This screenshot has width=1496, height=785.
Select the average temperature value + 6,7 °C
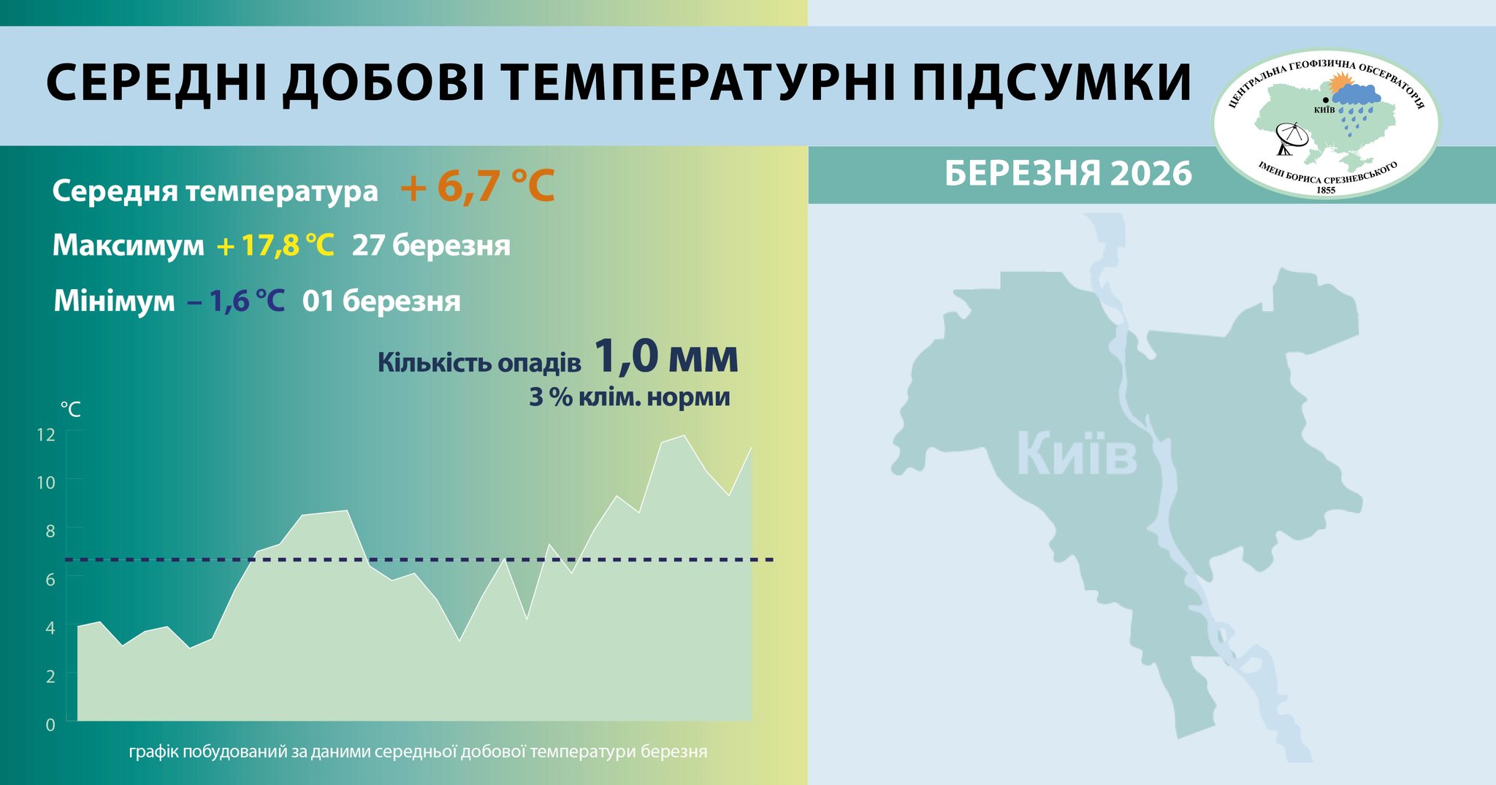(x=478, y=187)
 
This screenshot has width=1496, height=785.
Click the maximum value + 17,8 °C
(x=275, y=245)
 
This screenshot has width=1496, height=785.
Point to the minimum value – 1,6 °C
(x=236, y=301)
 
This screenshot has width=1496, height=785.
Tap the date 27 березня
(x=431, y=245)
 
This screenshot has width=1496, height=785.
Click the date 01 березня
(x=381, y=301)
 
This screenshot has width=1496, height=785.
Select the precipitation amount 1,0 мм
(x=665, y=357)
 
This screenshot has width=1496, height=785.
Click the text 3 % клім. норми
(x=629, y=397)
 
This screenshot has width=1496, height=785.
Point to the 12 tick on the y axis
(x=46, y=434)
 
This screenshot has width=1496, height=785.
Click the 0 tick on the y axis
(x=50, y=724)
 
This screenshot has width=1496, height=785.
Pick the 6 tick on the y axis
(x=50, y=580)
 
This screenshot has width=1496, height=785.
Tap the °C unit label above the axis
(x=70, y=409)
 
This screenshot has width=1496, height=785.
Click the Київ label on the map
(x=1077, y=454)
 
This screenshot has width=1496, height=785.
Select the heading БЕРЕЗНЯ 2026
(x=1068, y=174)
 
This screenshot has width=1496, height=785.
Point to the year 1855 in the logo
(x=1325, y=190)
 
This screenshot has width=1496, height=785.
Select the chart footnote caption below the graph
(x=418, y=751)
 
